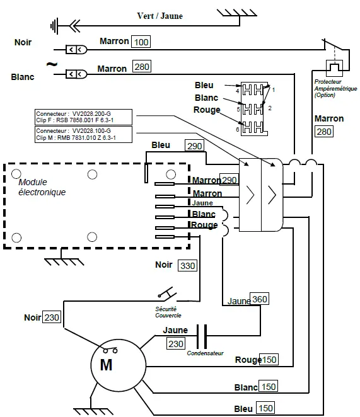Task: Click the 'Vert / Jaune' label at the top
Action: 160,16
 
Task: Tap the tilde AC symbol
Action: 51,64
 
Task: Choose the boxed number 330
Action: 187,266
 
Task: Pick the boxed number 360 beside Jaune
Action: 259,299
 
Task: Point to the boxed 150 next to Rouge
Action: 269,360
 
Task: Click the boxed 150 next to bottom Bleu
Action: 266,408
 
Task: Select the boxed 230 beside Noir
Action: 52,317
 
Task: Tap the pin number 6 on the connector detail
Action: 236,129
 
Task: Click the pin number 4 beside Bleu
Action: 236,91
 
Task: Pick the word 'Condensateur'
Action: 205,353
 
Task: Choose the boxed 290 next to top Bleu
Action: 195,146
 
